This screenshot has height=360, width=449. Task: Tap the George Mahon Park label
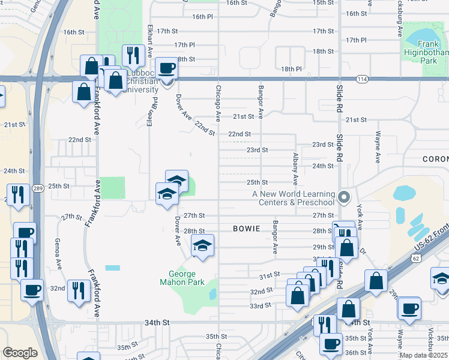[x=182, y=278]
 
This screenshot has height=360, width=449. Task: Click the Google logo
[x=20, y=353]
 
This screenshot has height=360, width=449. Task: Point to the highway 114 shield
[x=361, y=79]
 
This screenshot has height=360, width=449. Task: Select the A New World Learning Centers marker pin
[x=343, y=197]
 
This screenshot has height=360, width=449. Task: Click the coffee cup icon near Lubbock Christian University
[x=166, y=68]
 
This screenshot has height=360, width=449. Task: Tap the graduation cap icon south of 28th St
[x=202, y=245]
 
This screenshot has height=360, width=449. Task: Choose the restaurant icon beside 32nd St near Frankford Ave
[x=79, y=290]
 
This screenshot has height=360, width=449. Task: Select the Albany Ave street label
[x=295, y=168]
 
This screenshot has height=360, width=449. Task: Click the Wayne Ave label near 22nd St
[x=378, y=148]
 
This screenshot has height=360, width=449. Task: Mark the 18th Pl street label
[x=291, y=69]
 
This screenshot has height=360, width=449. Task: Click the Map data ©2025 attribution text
[x=423, y=355]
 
